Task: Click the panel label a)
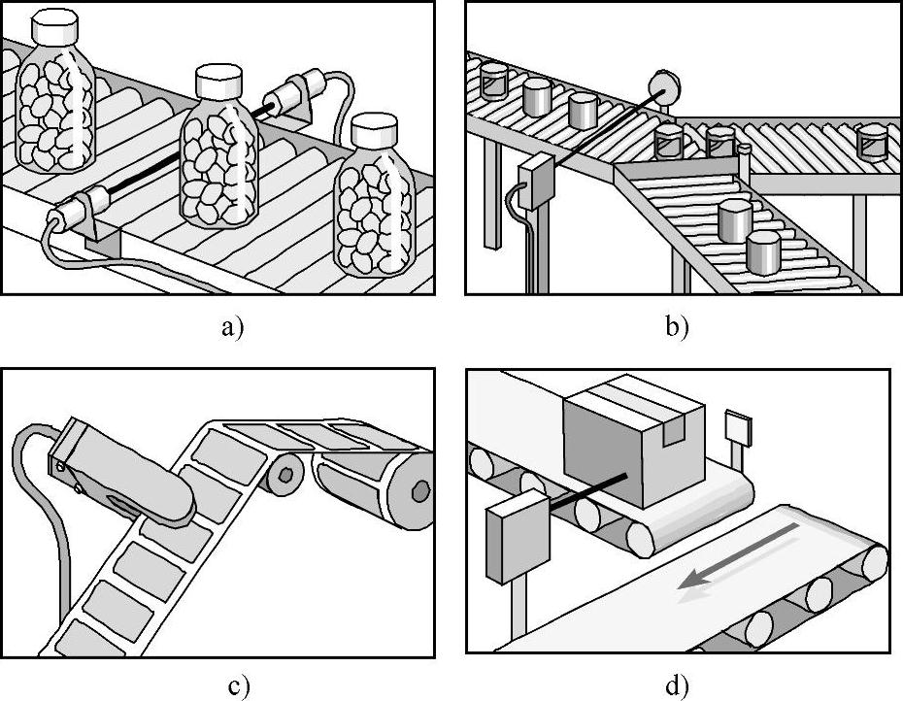pos(228,327)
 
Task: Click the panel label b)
pos(677,327)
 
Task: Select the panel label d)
pos(677,686)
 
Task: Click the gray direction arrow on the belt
pos(738,556)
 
